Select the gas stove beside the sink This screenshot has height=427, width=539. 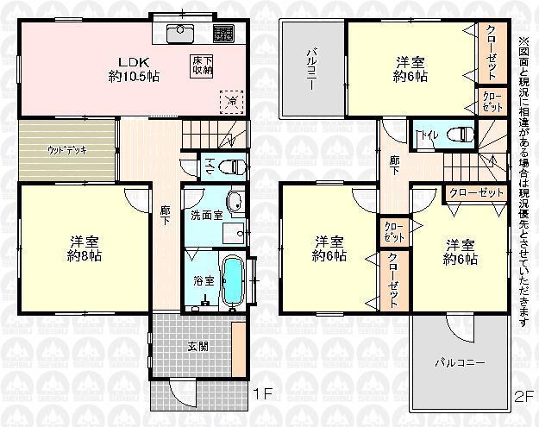pos(222,35)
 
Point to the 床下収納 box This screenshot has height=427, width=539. pos(203,66)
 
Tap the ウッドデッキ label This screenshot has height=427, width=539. pos(66,149)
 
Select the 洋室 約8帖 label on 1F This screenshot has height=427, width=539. pos(84,246)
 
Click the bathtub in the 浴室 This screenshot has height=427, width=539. pos(232,282)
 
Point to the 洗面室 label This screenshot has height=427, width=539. pos(207,214)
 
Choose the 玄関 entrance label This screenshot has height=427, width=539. pos(197,347)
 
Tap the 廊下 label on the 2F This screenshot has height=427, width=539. pos(394,164)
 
